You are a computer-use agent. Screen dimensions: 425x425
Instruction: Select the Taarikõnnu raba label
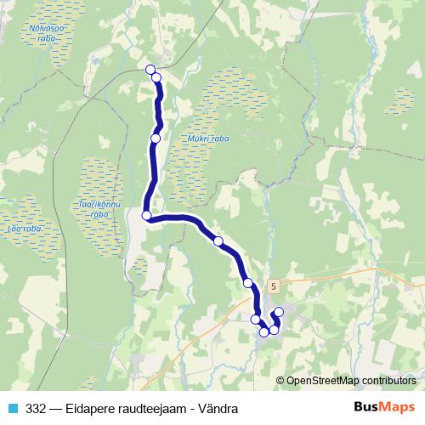pos(99,210)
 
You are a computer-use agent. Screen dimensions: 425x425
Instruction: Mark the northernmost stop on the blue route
pos(151,70)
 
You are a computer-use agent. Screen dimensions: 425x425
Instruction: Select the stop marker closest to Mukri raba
pos(156,138)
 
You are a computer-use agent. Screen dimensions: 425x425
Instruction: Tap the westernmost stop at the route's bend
pos(146,216)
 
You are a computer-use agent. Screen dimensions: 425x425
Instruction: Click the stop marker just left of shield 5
pos(247,283)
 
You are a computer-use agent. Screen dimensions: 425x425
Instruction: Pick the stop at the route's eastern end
pos(279,311)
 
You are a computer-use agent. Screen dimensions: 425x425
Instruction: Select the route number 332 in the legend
pos(37,408)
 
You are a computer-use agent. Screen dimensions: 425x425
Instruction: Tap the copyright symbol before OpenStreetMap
pos(281,381)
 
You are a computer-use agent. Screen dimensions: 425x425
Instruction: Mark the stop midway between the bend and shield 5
pos(218,242)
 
